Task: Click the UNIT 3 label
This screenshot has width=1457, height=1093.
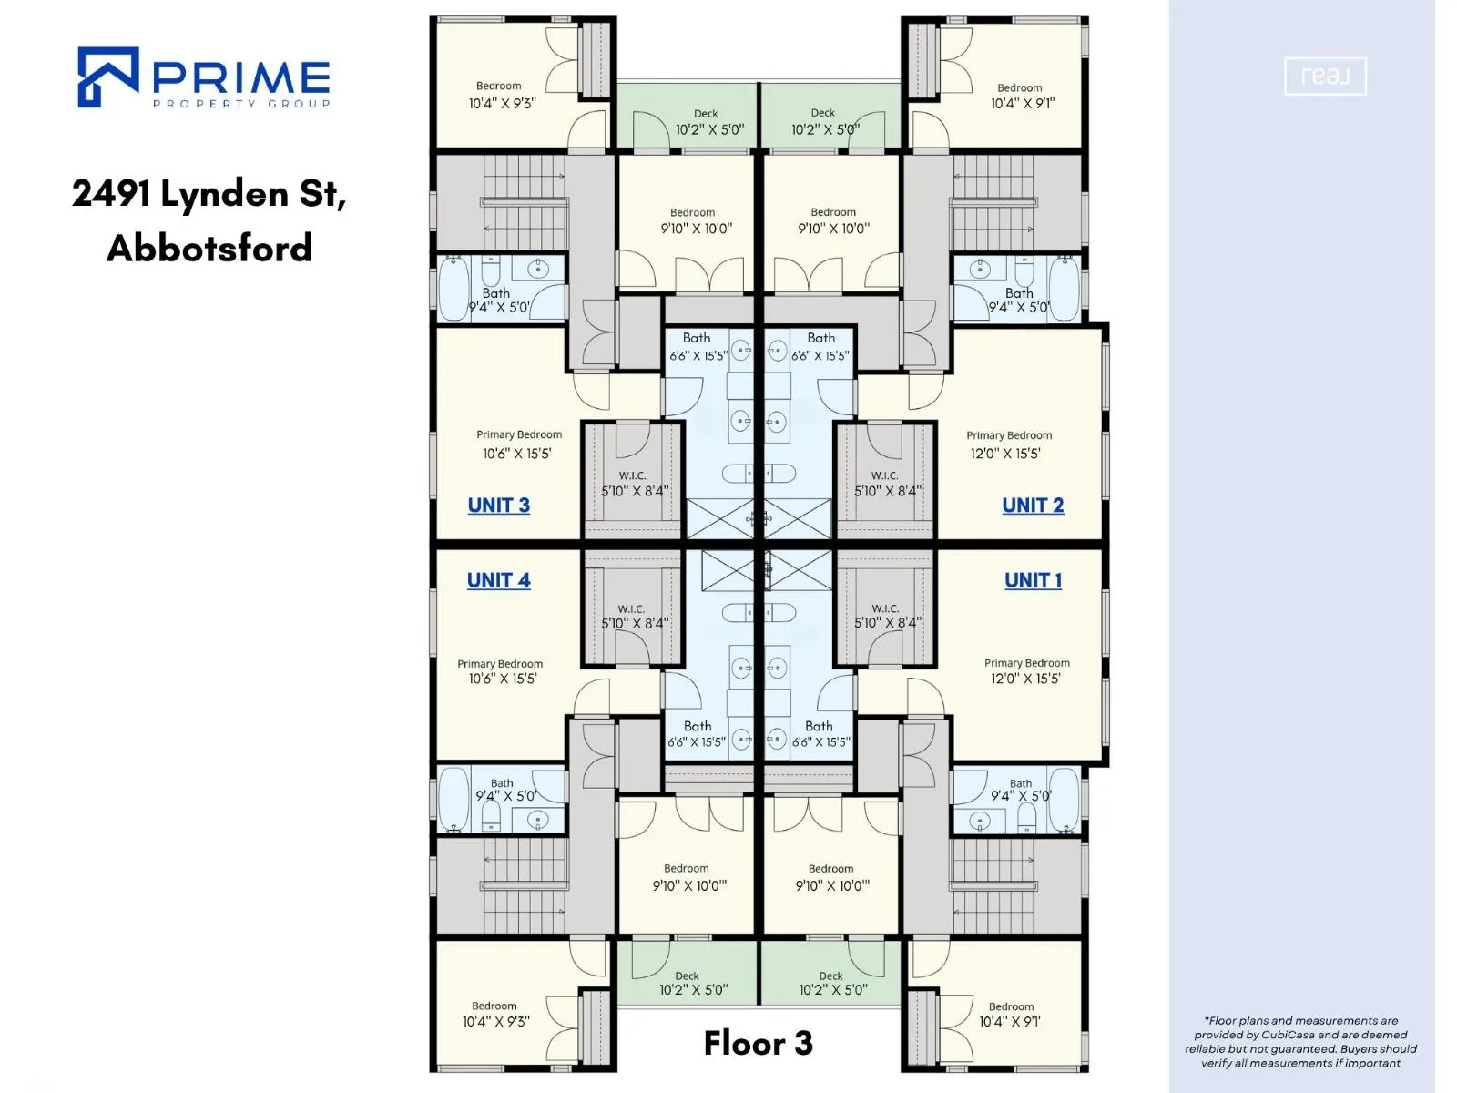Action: coord(498,506)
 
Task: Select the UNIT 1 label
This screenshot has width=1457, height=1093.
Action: coord(1033,581)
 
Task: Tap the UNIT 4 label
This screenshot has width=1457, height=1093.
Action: coord(498,581)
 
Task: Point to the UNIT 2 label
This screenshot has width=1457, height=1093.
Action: coord(1033,506)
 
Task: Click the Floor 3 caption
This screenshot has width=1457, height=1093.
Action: coord(758,1043)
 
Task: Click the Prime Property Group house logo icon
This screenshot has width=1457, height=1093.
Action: coord(108,77)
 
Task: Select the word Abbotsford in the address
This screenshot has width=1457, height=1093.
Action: coord(209,248)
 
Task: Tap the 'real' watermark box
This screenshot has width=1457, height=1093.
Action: coord(1325,77)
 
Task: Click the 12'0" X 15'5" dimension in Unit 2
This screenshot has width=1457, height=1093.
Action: coord(1005,454)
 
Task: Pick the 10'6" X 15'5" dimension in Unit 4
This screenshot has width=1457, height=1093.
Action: coord(503,679)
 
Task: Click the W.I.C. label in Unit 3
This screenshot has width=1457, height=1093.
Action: coord(632,475)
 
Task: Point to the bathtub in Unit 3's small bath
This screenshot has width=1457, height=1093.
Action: coord(454,290)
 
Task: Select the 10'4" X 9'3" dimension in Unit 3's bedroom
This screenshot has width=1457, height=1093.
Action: coord(503,104)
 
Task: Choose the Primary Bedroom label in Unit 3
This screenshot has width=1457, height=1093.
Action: coord(519,434)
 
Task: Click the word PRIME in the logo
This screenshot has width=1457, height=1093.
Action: coord(241,77)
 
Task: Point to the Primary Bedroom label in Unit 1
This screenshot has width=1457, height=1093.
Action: coord(1027,663)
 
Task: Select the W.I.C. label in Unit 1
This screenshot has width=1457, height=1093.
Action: coord(885,608)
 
